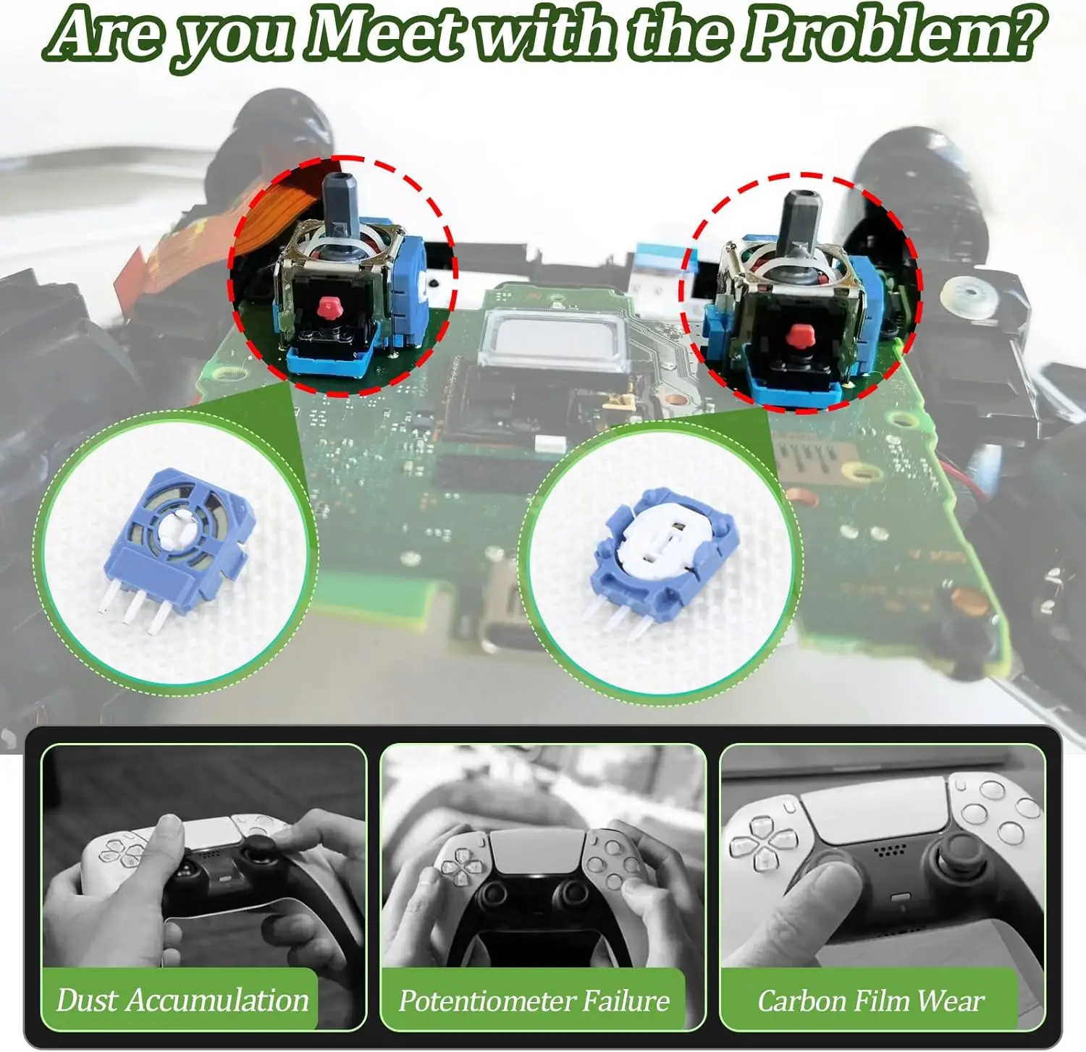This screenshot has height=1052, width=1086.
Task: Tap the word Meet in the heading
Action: coord(383,34)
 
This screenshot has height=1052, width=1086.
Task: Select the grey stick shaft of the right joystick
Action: coord(797,224)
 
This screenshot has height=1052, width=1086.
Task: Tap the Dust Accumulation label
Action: coord(182,1001)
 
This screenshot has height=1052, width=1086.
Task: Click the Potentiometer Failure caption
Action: coord(534,1001)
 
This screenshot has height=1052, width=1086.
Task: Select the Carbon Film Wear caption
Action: coord(870,1001)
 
